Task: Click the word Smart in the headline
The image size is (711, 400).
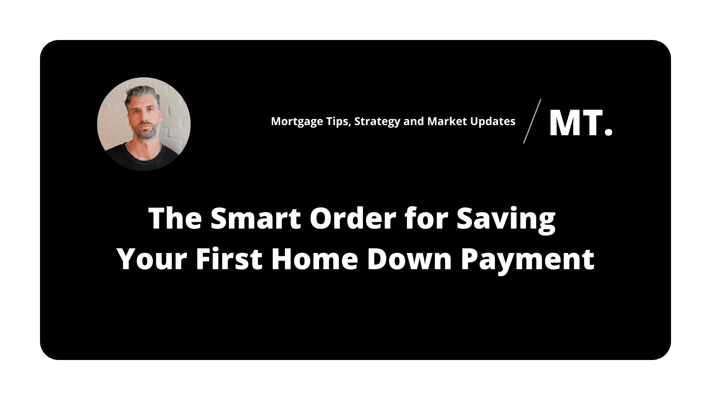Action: pyautogui.click(x=256, y=218)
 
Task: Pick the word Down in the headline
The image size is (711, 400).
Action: pyautogui.click(x=409, y=259)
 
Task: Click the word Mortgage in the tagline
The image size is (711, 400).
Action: pyautogui.click(x=297, y=122)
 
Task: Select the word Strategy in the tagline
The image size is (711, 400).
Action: pyautogui.click(x=377, y=122)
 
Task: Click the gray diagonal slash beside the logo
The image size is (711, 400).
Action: pyautogui.click(x=532, y=121)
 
